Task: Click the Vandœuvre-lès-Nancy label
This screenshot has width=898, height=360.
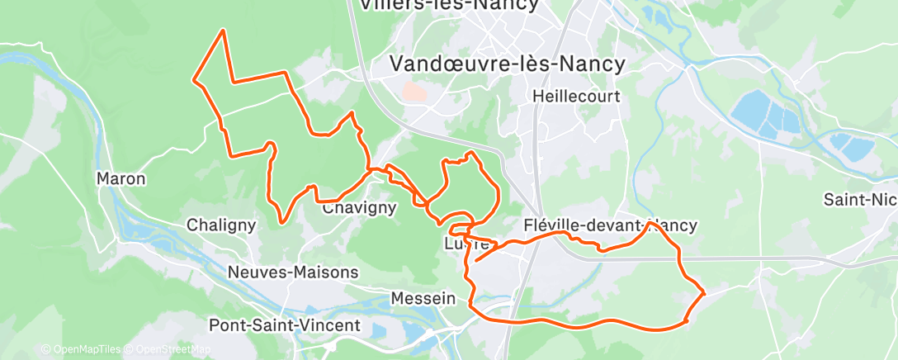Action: (506, 63)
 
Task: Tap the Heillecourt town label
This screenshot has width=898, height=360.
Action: (576, 97)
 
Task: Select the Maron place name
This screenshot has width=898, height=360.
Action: (121, 178)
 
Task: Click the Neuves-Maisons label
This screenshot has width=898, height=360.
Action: (293, 272)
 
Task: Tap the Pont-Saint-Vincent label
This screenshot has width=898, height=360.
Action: (285, 325)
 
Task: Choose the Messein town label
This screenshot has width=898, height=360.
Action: (423, 297)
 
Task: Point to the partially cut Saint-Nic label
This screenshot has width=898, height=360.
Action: (860, 199)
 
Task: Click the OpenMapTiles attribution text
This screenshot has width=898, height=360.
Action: (82, 349)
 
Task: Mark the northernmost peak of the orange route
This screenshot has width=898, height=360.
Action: (223, 31)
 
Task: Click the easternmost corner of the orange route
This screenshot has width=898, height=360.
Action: (704, 292)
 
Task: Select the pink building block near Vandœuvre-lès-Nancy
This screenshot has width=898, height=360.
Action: (415, 92)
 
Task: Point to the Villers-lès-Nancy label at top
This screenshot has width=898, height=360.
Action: (449, 5)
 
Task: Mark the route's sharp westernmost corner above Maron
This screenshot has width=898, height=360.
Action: (194, 80)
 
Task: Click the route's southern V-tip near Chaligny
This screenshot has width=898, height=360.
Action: (282, 221)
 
